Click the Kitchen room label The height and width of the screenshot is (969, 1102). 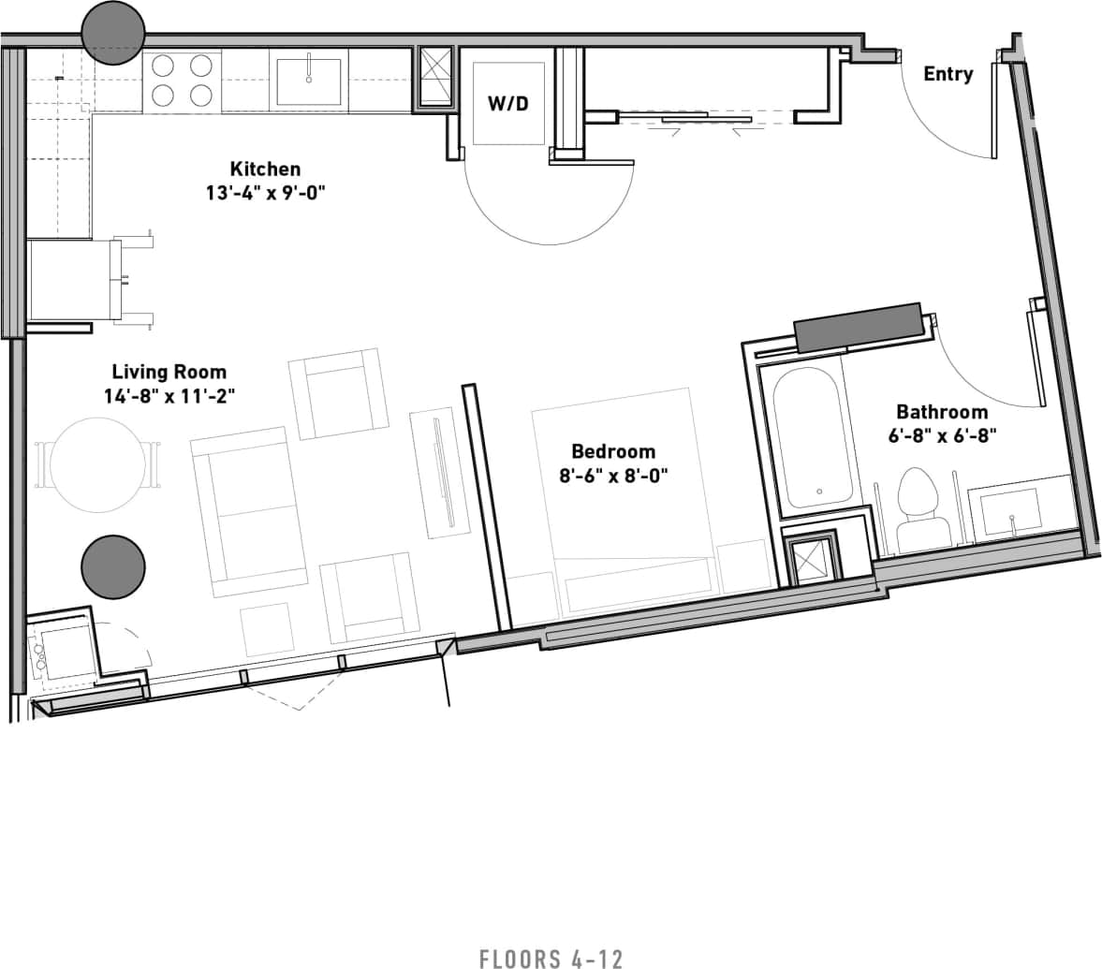click(x=265, y=169)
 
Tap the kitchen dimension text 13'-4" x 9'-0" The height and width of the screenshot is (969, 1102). click(x=265, y=194)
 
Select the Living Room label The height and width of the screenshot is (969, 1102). click(x=169, y=372)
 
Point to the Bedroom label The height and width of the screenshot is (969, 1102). click(x=613, y=451)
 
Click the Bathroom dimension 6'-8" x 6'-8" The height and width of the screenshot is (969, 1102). click(x=942, y=434)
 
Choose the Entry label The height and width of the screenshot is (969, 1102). click(x=948, y=74)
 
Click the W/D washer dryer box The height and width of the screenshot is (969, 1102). click(x=508, y=103)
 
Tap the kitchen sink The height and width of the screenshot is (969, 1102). click(x=308, y=81)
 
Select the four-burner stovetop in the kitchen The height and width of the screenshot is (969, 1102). click(x=182, y=81)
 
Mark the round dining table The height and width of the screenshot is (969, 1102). click(x=98, y=463)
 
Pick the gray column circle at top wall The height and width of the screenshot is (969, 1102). click(x=113, y=33)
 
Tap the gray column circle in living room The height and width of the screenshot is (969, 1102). click(x=113, y=567)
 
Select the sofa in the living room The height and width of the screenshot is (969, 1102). click(x=248, y=510)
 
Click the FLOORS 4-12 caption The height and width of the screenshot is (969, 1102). click(x=551, y=958)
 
